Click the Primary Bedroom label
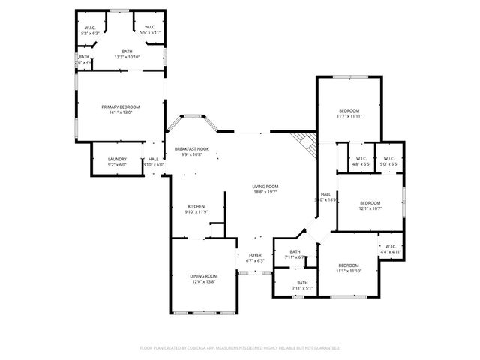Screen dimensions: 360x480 coord(121,107)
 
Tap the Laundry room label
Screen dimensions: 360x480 coord(116,159)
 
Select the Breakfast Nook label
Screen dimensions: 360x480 coord(192,149)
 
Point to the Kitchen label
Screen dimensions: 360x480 coord(196,206)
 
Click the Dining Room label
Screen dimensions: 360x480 coord(203,276)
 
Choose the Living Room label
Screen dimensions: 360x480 coord(265,186)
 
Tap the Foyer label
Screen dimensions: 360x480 coord(255,255)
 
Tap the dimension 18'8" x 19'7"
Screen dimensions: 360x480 coord(265,191)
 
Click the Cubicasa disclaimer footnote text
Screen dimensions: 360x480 coord(240,348)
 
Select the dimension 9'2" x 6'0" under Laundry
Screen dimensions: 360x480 coord(116,164)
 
